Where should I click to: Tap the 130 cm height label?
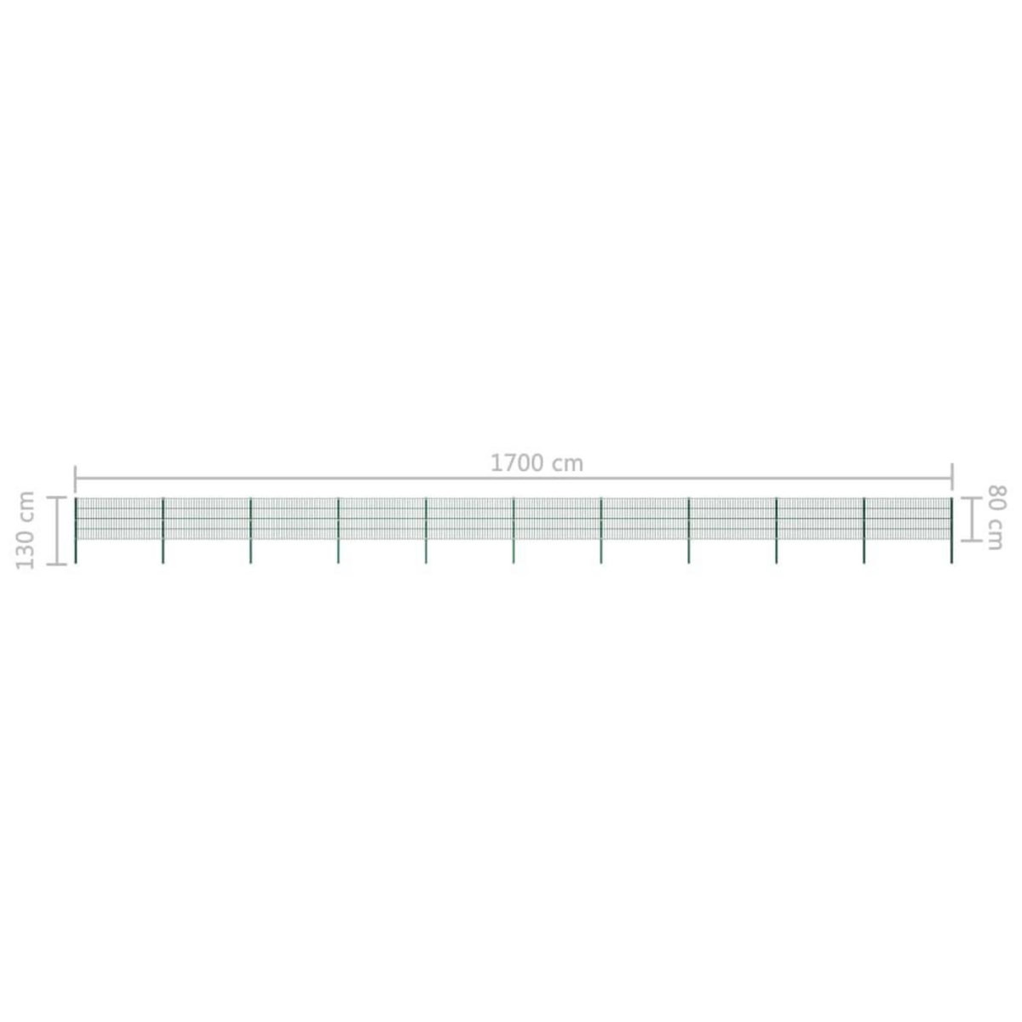[26, 530]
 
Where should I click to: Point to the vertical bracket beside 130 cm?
[57, 530]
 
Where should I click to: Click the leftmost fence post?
[76, 528]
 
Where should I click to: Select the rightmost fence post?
[951, 528]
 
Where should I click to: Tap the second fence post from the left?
[163, 528]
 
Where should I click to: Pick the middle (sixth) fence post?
[514, 528]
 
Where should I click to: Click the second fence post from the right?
[864, 528]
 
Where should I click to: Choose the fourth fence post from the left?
[338, 528]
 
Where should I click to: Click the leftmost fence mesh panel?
[119, 519]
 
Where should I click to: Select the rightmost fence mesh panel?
[908, 519]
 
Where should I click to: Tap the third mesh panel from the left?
[295, 519]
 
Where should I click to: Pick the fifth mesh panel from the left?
[470, 519]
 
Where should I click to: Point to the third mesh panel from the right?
[732, 519]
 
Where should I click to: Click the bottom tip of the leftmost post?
[76, 561]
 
